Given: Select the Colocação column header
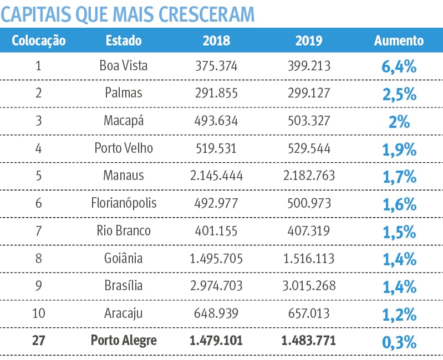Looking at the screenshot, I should pyautogui.click(x=38, y=41).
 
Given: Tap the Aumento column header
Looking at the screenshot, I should pyautogui.click(x=399, y=41).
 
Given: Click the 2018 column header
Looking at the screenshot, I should pyautogui.click(x=216, y=41).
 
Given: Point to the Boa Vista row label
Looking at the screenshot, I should pyautogui.click(x=124, y=66).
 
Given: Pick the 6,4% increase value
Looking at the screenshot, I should pyautogui.click(x=399, y=67).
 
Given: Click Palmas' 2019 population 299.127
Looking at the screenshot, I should pyautogui.click(x=309, y=93).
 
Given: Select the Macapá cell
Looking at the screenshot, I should pyautogui.click(x=124, y=121).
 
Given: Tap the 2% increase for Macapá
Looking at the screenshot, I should pyautogui.click(x=399, y=122).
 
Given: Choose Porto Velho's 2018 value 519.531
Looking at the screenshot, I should pyautogui.click(x=216, y=148).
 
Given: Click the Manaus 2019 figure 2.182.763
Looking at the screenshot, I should pyautogui.click(x=309, y=176).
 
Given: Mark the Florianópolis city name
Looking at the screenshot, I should pyautogui.click(x=124, y=203).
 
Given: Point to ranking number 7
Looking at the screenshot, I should pyautogui.click(x=38, y=230).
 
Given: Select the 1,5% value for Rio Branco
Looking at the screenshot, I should pyautogui.click(x=399, y=232).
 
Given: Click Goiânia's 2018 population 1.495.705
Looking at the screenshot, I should pyautogui.click(x=216, y=258).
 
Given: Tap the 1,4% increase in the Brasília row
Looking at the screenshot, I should pyautogui.click(x=399, y=287).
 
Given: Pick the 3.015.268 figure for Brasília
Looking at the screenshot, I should pyautogui.click(x=309, y=286).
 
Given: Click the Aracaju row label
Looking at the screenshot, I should pyautogui.click(x=124, y=313).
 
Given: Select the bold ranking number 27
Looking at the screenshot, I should pyautogui.click(x=38, y=341).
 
